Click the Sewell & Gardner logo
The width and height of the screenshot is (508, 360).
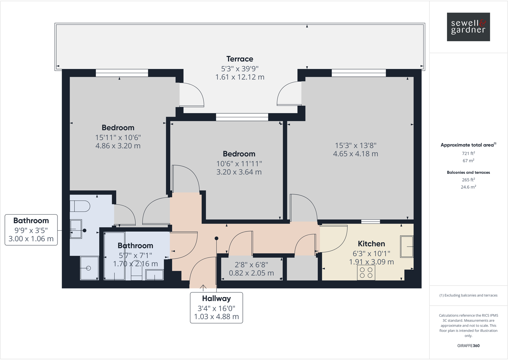468,27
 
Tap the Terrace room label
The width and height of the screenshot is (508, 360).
240,59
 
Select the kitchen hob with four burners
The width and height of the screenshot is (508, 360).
366,272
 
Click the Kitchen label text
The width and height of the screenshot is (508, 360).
371,244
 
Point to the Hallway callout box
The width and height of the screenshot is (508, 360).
216,307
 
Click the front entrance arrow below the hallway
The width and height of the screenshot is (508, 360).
203,288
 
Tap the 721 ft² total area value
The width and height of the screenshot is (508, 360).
468,153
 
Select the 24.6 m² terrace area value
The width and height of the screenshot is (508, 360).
468,187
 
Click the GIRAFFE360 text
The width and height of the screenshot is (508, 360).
468,346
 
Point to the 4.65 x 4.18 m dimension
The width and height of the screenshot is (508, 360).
355,154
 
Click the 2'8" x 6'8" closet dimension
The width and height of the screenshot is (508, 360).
251,265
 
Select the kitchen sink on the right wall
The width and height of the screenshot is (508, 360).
407,247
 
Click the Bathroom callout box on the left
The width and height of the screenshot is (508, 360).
31,230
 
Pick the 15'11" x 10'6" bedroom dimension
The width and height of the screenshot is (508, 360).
118,138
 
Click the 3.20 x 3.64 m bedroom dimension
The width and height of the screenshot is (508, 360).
239,172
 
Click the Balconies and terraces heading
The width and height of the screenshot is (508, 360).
468,172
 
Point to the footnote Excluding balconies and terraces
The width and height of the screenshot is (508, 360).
468,295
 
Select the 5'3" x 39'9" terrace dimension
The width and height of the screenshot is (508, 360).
240,69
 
